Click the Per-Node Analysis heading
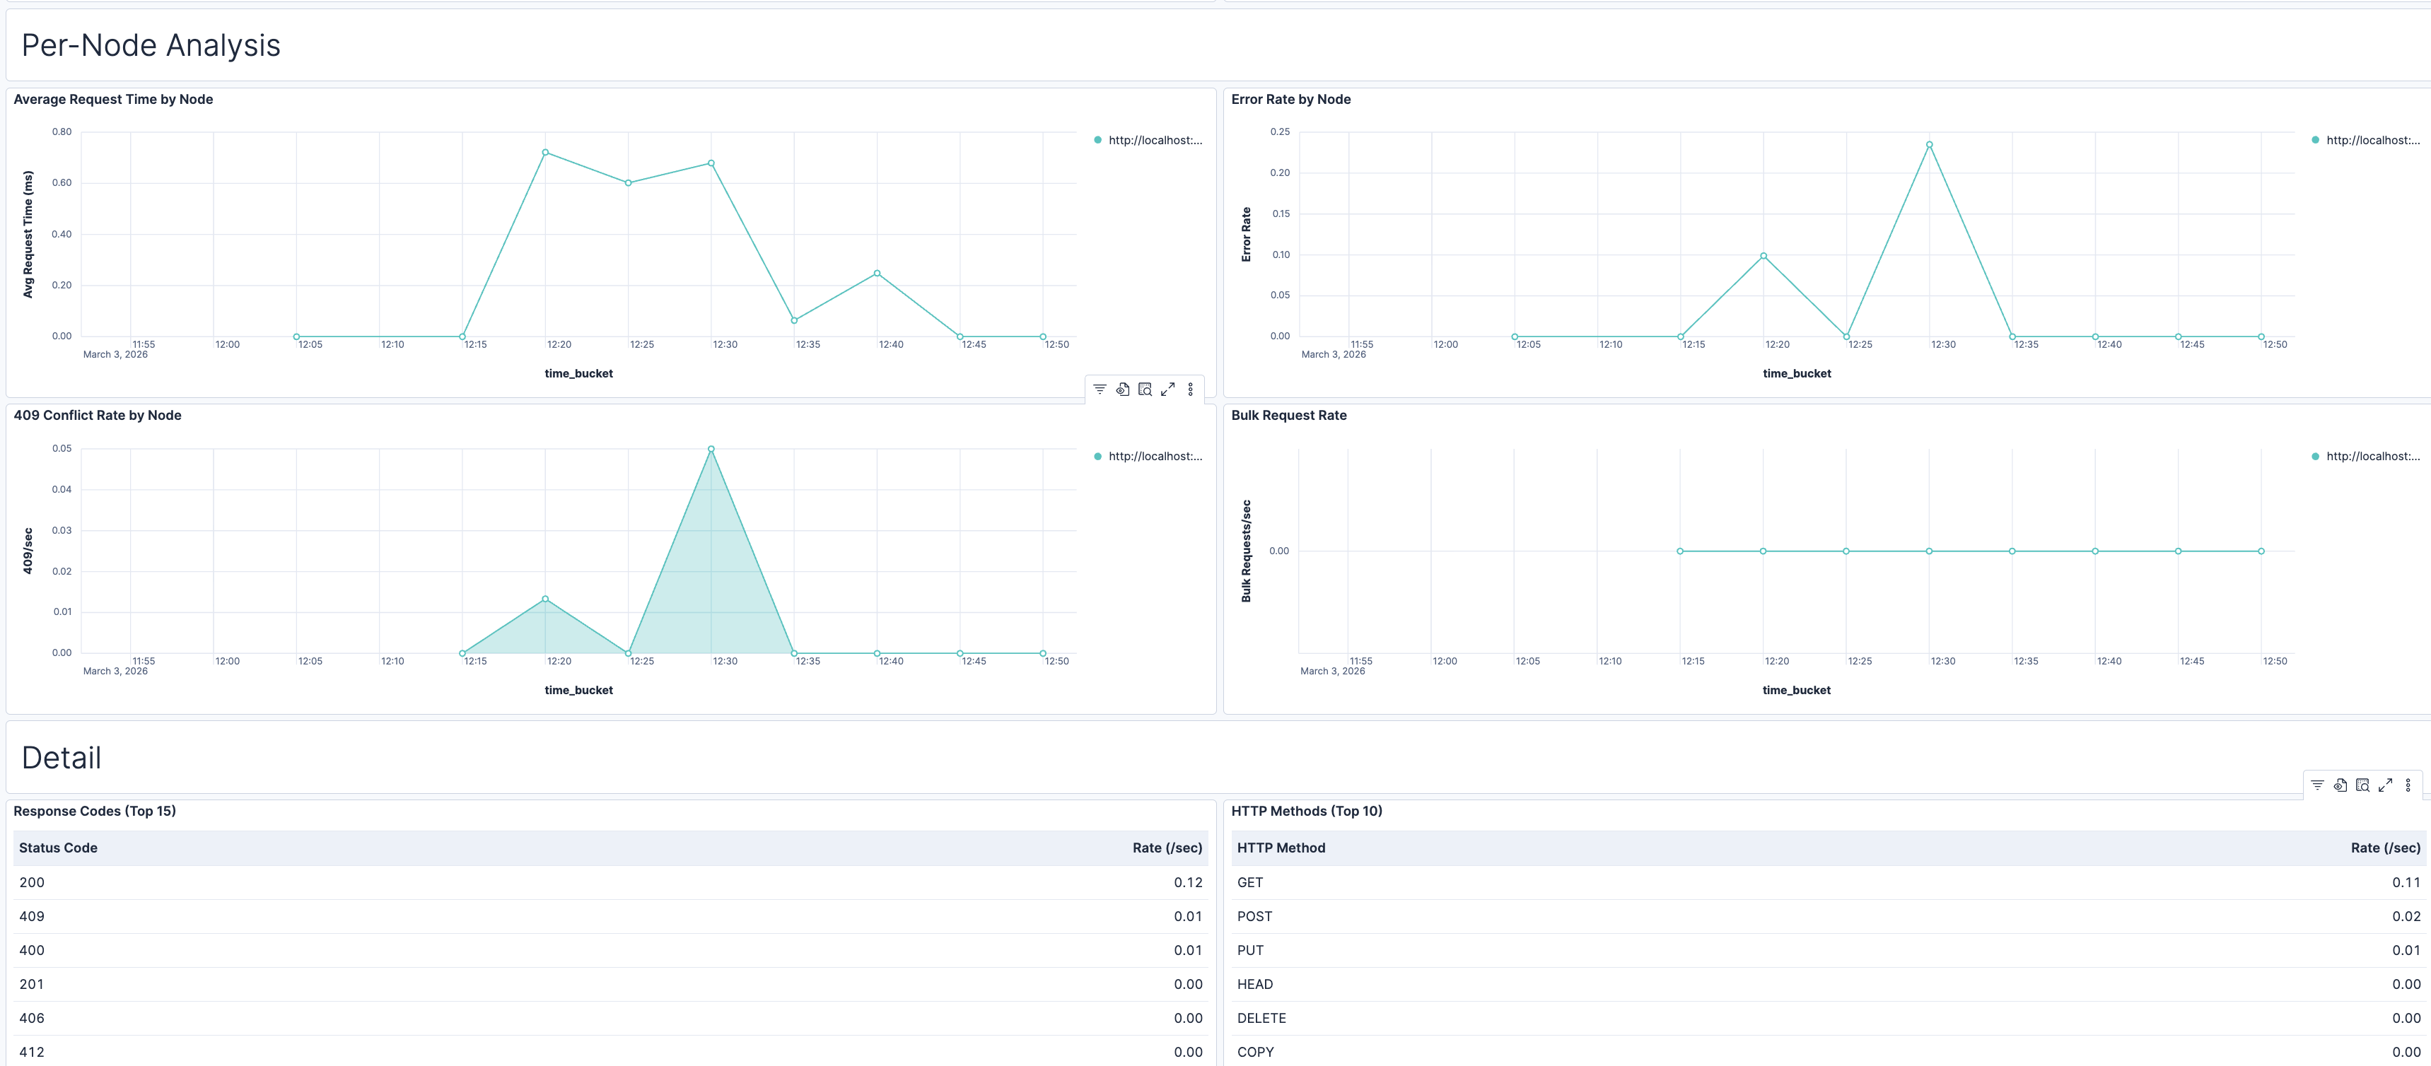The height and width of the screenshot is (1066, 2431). click(x=151, y=45)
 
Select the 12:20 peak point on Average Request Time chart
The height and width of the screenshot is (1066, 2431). click(x=545, y=152)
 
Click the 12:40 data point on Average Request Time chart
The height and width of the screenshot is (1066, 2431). click(x=877, y=274)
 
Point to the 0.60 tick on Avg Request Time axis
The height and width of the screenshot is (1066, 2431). click(x=62, y=183)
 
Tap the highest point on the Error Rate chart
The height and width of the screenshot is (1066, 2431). click(x=1929, y=144)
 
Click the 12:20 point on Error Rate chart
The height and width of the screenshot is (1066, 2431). click(x=1763, y=256)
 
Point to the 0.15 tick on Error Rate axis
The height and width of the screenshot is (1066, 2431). click(x=1280, y=214)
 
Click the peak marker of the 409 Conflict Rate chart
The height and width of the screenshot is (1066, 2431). click(x=711, y=449)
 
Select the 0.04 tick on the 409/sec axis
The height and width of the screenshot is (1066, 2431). click(x=62, y=490)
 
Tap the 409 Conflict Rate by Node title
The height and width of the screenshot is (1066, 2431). click(x=97, y=415)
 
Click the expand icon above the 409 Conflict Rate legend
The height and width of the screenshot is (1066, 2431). click(x=1167, y=389)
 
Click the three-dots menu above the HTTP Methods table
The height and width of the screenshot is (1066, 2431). click(x=2408, y=785)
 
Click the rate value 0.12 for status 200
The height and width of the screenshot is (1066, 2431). click(x=1187, y=883)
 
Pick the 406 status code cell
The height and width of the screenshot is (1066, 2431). click(x=32, y=1018)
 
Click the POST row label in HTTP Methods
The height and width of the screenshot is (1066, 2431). click(x=1254, y=917)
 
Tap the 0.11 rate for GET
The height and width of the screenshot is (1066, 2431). click(x=2406, y=883)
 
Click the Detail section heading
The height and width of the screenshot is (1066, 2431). click(x=62, y=758)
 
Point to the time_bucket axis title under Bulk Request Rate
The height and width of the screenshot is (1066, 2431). click(x=1796, y=691)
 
